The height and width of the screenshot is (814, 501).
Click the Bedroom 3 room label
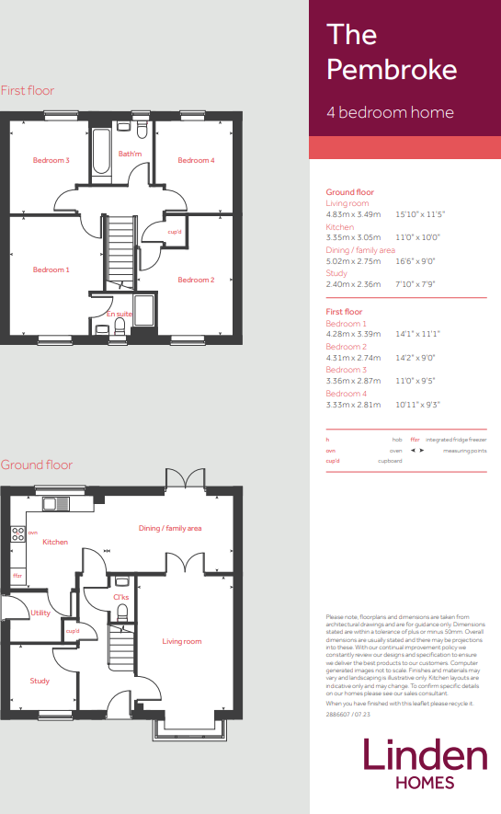tap(51, 161)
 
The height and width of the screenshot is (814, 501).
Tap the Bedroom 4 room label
tap(196, 161)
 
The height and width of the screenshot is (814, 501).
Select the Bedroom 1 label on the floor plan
tap(51, 269)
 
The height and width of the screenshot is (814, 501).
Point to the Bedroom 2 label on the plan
tap(196, 280)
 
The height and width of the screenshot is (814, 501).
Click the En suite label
tap(119, 315)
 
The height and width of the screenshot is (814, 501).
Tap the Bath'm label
tap(130, 154)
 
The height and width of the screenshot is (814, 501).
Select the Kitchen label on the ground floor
tap(55, 542)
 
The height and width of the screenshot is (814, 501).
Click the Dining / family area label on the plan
tap(170, 528)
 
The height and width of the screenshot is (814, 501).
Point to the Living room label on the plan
tap(182, 641)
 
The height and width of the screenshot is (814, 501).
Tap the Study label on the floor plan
tap(40, 681)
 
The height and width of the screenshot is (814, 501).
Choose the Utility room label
tap(40, 613)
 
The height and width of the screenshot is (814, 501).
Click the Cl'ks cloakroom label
tap(120, 597)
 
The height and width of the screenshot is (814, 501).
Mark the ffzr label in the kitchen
tap(17, 576)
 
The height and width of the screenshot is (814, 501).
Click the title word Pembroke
tap(392, 70)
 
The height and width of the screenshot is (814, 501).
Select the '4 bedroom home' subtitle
tap(390, 113)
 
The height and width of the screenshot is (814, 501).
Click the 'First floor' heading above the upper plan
tap(28, 90)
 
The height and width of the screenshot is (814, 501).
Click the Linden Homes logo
tap(425, 763)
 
